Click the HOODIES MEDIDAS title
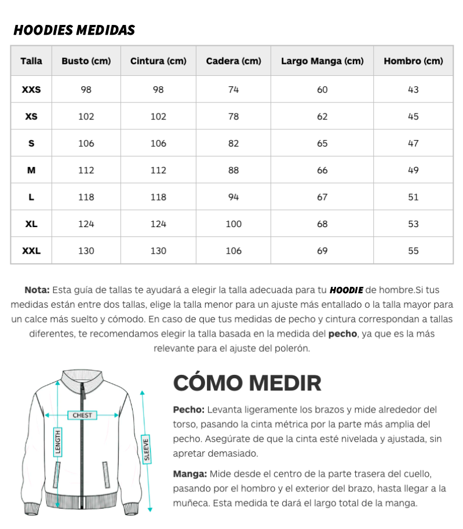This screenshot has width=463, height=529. pyautogui.click(x=74, y=30)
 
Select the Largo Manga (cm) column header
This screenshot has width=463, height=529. pyautogui.click(x=322, y=61)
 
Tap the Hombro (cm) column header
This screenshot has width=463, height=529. pyautogui.click(x=413, y=61)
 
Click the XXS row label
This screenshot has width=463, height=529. pyautogui.click(x=31, y=90)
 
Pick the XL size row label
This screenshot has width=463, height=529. pyautogui.click(x=31, y=224)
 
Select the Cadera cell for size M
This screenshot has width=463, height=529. pyautogui.click(x=234, y=170)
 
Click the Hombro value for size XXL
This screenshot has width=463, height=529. pyautogui.click(x=413, y=251)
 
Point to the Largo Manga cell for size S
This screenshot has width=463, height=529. pyautogui.click(x=322, y=143)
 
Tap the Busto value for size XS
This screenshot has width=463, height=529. pyautogui.click(x=86, y=116)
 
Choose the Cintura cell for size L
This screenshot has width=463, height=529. pyautogui.click(x=158, y=197)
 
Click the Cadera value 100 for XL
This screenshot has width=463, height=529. pyautogui.click(x=234, y=224)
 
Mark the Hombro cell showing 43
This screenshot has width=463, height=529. pyautogui.click(x=413, y=90)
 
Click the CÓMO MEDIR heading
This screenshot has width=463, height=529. pyautogui.click(x=247, y=383)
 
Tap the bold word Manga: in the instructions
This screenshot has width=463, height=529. pyautogui.click(x=189, y=473)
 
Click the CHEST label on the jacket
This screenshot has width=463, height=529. pyautogui.click(x=82, y=415)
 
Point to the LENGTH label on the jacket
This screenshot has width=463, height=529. pyautogui.click(x=58, y=442)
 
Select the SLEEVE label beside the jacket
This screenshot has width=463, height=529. pyautogui.click(x=147, y=448)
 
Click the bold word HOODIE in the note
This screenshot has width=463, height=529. pyautogui.click(x=346, y=290)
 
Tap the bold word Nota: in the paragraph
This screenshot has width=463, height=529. pyautogui.click(x=37, y=290)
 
